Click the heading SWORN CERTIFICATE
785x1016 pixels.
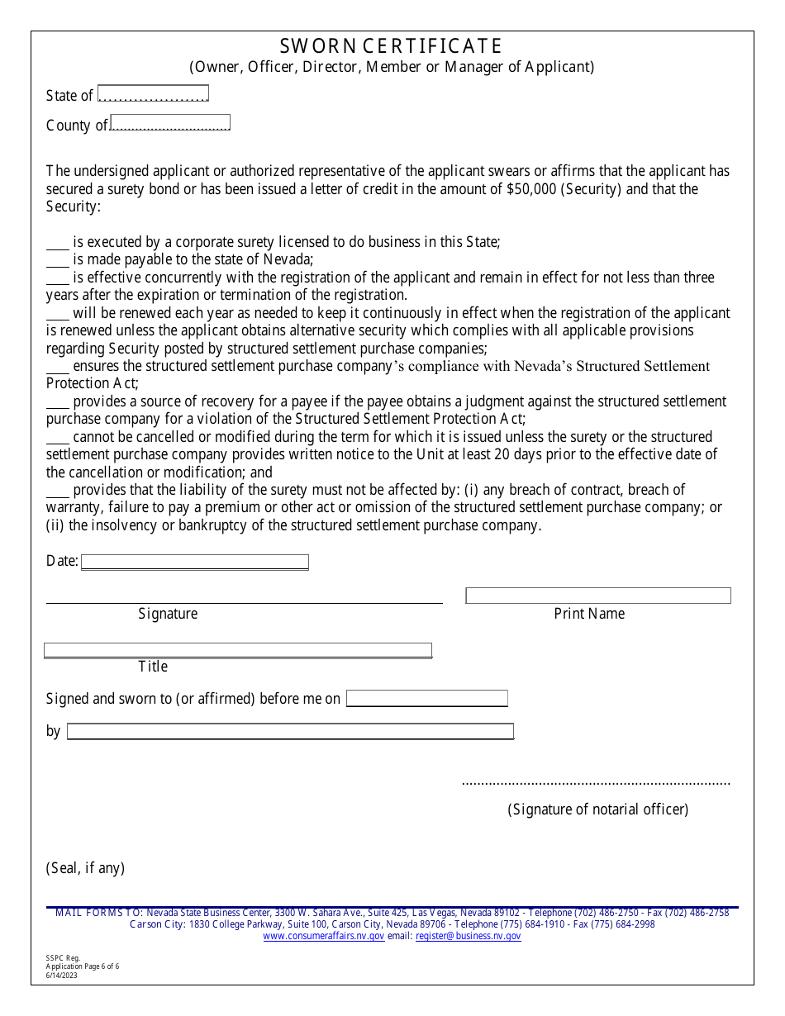pyautogui.click(x=391, y=45)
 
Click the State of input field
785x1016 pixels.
pyautogui.click(x=153, y=93)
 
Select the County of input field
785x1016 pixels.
pyautogui.click(x=170, y=123)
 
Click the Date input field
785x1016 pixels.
pyautogui.click(x=195, y=562)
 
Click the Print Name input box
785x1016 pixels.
pyautogui.click(x=598, y=596)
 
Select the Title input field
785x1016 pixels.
pyautogui.click(x=238, y=650)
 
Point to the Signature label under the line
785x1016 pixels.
pyautogui.click(x=168, y=614)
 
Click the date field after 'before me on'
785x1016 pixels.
pyautogui.click(x=426, y=699)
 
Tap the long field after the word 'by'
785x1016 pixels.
pyautogui.click(x=290, y=732)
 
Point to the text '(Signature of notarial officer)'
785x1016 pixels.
pyautogui.click(x=597, y=809)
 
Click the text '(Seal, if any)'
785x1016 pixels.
pyautogui.click(x=85, y=868)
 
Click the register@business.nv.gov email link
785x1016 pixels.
pyautogui.click(x=468, y=936)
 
